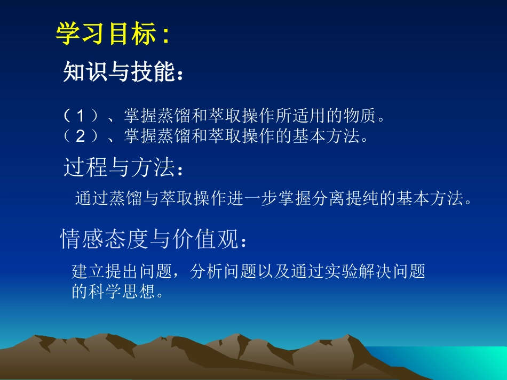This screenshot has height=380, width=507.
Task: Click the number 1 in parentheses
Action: point(81,116)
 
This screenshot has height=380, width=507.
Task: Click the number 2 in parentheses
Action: point(81,137)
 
